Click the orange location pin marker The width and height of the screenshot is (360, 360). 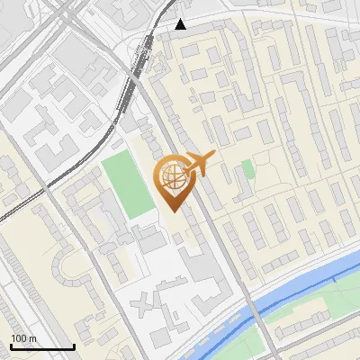[176, 180]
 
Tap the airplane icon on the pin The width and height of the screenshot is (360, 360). [200, 163]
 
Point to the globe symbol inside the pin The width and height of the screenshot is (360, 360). [172, 175]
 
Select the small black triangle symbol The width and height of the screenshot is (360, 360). [181, 24]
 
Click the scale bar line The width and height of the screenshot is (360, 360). [42, 346]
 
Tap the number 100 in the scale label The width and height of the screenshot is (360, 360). [19, 338]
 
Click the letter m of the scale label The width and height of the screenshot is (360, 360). [32, 338]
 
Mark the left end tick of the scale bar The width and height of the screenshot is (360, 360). [11, 345]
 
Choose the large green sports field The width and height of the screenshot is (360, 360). [127, 185]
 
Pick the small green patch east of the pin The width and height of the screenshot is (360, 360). [247, 169]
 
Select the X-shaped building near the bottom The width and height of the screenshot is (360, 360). [145, 306]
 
